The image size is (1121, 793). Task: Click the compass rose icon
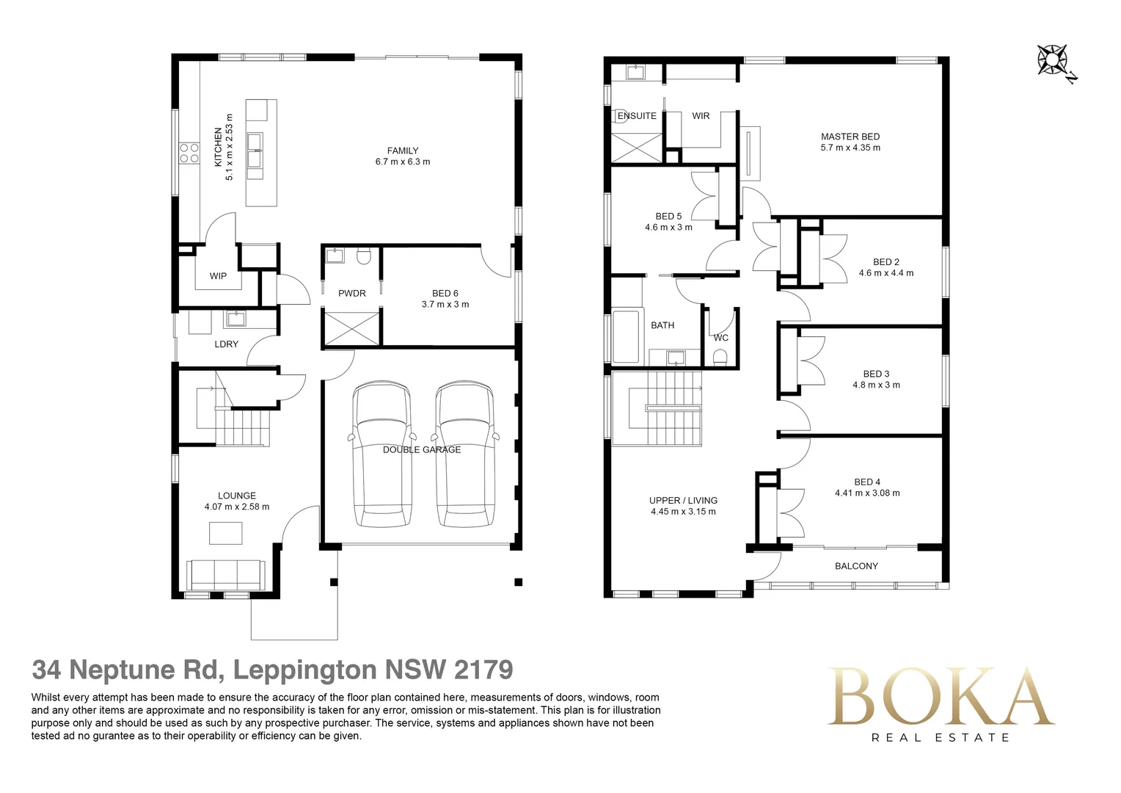point(1053,59)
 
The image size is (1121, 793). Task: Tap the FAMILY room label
point(403,151)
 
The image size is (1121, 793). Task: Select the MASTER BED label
point(850,137)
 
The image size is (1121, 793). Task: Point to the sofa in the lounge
point(226,574)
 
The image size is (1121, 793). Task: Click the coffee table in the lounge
point(225,533)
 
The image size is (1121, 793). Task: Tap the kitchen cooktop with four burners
point(189,153)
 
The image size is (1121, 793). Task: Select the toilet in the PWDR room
point(363,257)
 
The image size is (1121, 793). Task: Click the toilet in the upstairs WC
point(720,357)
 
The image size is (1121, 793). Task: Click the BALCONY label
point(856,566)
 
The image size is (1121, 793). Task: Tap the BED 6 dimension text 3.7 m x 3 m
point(445,305)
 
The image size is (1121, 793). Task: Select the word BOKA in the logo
point(941,697)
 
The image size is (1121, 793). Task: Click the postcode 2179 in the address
point(483,670)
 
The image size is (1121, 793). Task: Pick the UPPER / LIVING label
point(683,501)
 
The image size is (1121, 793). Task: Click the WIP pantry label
point(218,276)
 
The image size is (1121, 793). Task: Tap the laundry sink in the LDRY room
point(235,319)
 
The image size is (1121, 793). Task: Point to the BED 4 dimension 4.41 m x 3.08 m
point(867,493)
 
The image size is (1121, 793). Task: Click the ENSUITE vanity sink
point(634,72)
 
